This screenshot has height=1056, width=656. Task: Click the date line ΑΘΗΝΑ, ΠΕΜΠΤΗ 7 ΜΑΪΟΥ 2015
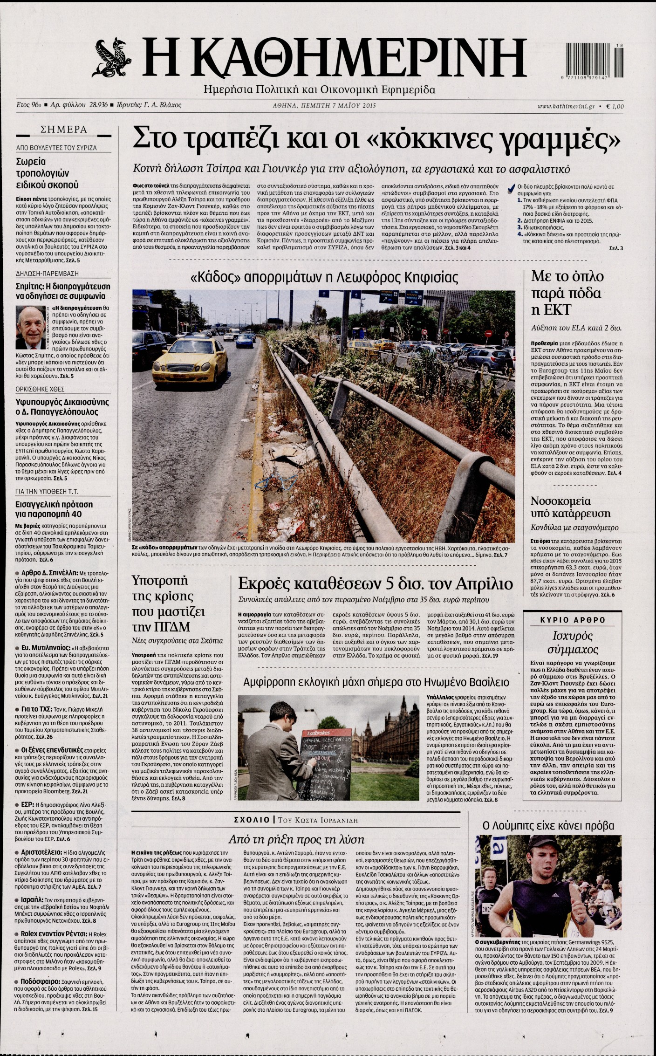tap(324, 106)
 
